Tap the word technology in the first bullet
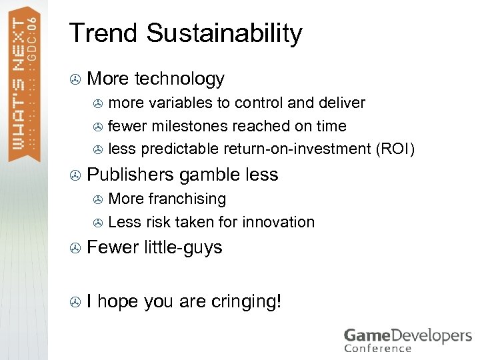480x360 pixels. point(179,79)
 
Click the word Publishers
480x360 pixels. point(132,175)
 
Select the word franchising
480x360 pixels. point(187,199)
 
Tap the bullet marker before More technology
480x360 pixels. point(75,80)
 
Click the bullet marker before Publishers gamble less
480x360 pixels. point(75,175)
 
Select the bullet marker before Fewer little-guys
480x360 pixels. point(75,249)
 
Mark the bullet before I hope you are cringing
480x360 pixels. point(75,303)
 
